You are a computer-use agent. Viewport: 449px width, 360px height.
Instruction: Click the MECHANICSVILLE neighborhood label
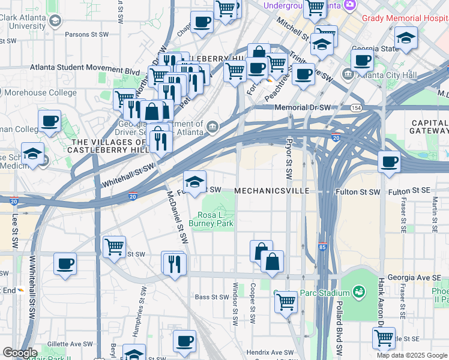(271, 191)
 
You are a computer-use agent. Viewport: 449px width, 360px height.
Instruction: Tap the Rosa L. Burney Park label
(211, 219)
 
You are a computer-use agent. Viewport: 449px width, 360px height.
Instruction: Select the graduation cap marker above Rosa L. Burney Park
(194, 183)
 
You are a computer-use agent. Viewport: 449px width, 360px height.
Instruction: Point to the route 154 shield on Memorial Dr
(356, 107)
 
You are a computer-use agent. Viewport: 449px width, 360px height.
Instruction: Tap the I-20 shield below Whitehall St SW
(133, 196)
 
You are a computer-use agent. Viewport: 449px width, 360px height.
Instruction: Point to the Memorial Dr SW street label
(303, 107)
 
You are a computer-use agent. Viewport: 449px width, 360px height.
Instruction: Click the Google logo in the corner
(20, 353)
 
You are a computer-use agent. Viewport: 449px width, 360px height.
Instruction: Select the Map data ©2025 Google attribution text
(412, 355)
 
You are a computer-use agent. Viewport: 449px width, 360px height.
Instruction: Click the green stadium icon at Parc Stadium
(359, 292)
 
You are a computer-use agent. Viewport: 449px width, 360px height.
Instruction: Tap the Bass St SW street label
(209, 297)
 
